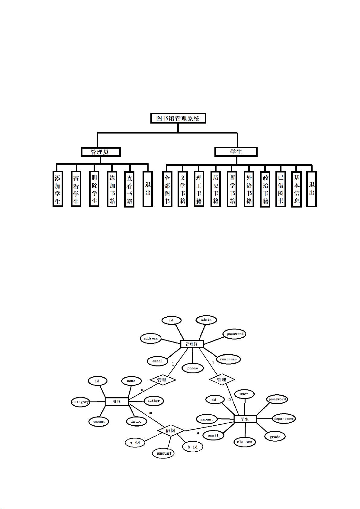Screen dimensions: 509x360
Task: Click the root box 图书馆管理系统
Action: (178, 118)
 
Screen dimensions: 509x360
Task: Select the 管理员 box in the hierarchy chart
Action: (101, 152)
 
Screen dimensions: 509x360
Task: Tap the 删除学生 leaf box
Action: (94, 189)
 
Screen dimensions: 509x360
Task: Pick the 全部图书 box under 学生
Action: (167, 189)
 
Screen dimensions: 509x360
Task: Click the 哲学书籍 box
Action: (232, 189)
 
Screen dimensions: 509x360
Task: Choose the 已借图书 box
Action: (281, 189)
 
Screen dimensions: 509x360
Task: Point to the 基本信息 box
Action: (296, 189)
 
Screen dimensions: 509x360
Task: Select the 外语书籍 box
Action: (249, 189)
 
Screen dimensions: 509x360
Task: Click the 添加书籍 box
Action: (112, 189)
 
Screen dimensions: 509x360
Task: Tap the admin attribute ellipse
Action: (206, 320)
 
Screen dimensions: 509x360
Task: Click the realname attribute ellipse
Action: (228, 359)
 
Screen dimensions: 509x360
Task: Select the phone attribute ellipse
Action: (192, 368)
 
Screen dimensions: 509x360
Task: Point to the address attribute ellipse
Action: (151, 338)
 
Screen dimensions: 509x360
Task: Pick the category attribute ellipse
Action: (81, 402)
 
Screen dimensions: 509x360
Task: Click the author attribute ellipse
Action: (153, 401)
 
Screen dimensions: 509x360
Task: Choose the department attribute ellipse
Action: (284, 419)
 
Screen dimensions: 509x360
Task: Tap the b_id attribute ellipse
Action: (192, 447)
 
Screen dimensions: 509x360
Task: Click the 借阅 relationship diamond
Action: (171, 430)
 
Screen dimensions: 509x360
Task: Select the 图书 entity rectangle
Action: (117, 401)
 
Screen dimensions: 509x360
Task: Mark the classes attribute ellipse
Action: (244, 442)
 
